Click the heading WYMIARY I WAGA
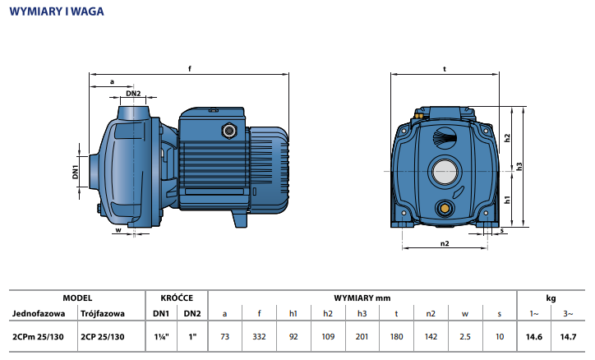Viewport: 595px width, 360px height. pyautogui.click(x=57, y=12)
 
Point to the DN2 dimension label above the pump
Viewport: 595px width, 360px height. pyautogui.click(x=133, y=94)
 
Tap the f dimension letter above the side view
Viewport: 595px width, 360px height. pyautogui.click(x=190, y=69)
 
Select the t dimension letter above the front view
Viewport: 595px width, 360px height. pyautogui.click(x=444, y=69)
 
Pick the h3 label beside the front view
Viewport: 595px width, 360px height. pyautogui.click(x=519, y=166)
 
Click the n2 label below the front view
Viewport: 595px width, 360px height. pyautogui.click(x=444, y=243)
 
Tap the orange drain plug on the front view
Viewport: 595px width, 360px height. pyautogui.click(x=445, y=206)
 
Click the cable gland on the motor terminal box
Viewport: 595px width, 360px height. pyautogui.click(x=228, y=129)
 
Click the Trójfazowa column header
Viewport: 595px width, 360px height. pyautogui.click(x=104, y=314)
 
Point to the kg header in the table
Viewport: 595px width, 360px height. pyautogui.click(x=551, y=298)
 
